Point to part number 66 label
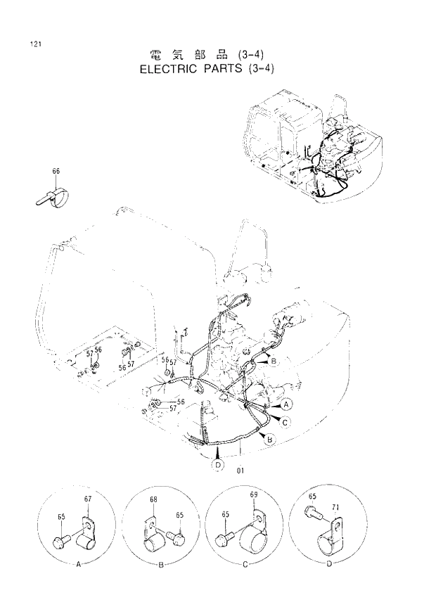pos(56,171)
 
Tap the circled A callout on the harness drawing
pos(287,405)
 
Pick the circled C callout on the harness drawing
pos(286,422)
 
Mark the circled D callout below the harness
pos(218,465)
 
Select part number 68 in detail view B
pos(153,500)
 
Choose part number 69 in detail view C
pos(254,495)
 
